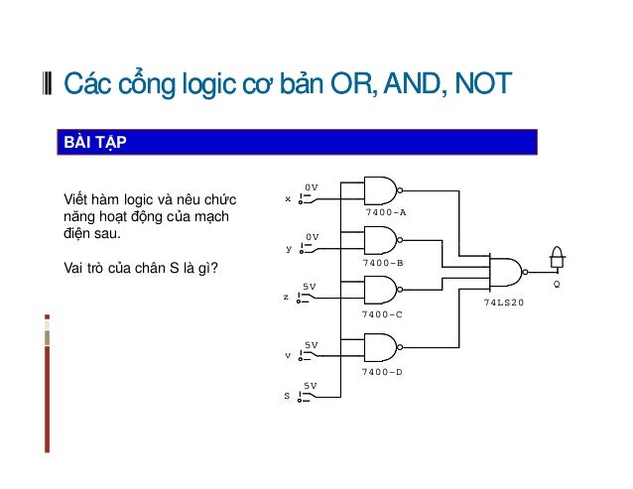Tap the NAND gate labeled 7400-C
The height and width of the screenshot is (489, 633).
coord(381,290)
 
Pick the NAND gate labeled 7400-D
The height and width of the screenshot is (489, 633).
coord(381,347)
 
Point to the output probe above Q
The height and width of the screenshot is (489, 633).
coord(557,260)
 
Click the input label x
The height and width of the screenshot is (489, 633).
coord(288,198)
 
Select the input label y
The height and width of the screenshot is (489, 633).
coord(289,249)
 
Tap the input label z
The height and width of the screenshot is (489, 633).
coord(287,298)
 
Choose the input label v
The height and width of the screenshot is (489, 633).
coord(288,354)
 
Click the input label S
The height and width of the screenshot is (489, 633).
coord(287,396)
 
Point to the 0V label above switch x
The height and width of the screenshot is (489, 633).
coord(311,186)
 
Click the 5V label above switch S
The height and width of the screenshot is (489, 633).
coord(311,385)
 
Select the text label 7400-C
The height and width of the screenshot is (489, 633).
coord(382,313)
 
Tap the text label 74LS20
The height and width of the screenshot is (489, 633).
coord(502,302)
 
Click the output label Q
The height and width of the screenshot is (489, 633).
coord(557,284)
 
